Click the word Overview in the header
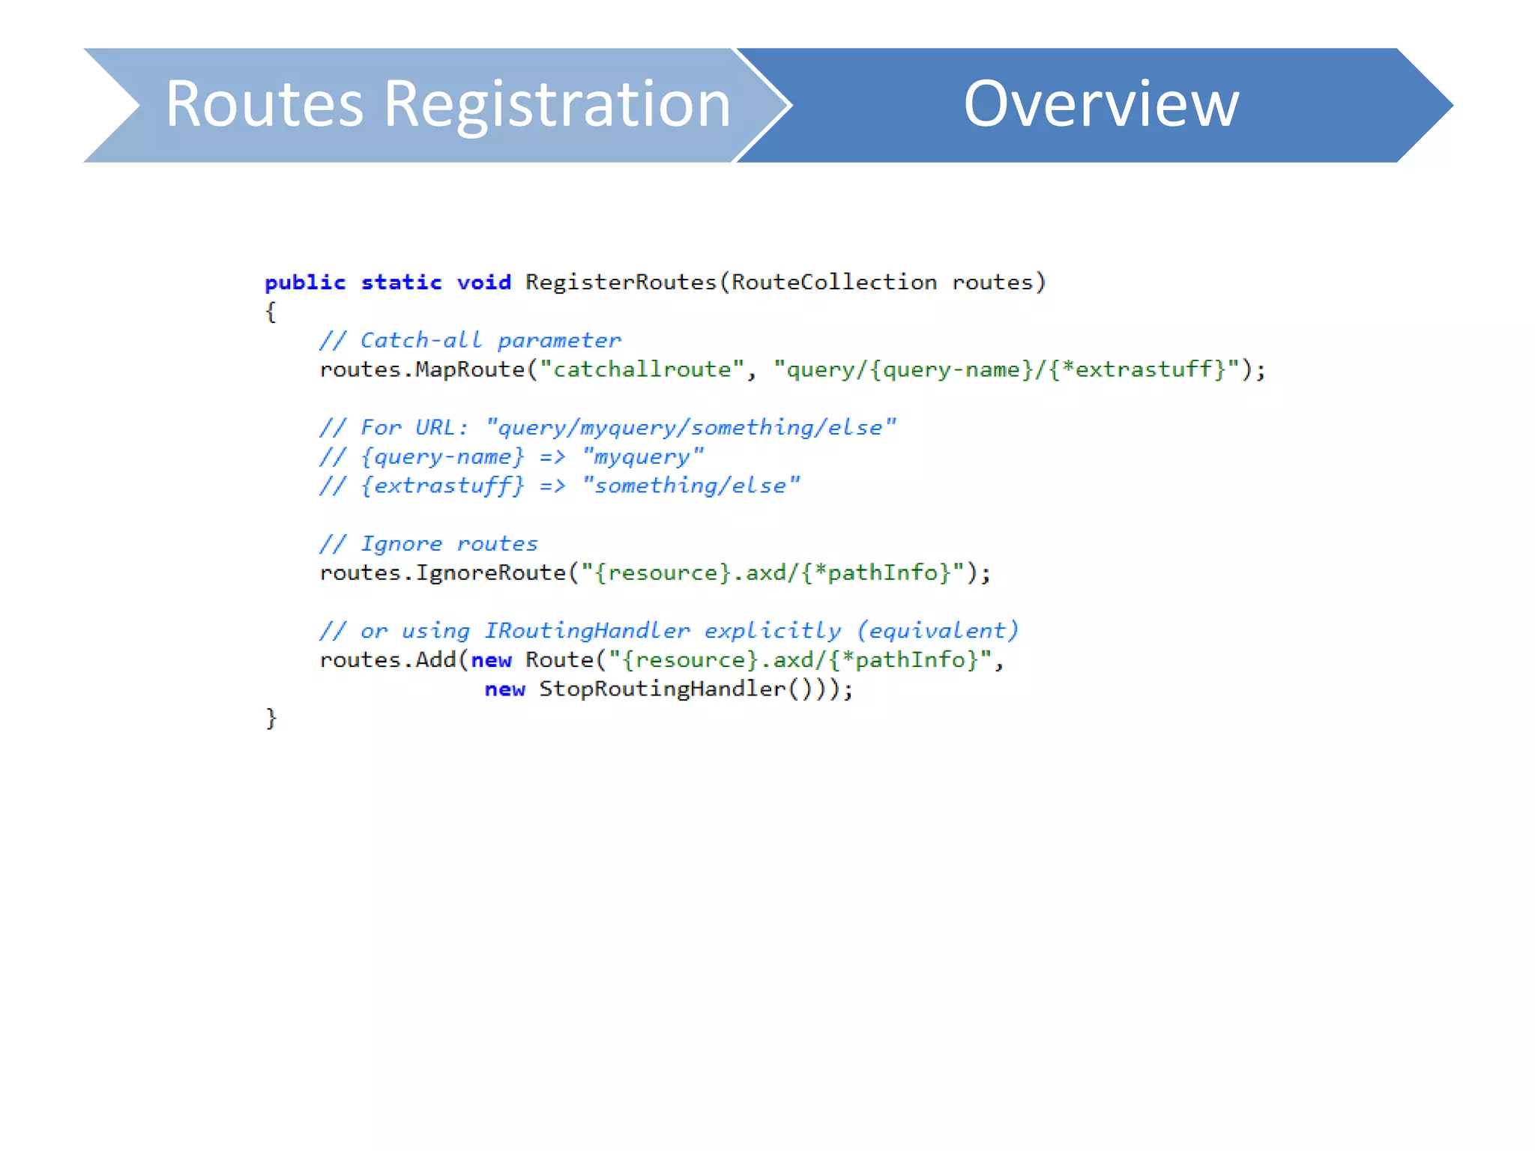[1100, 104]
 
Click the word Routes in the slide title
[264, 104]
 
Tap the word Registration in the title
[557, 106]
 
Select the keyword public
[305, 283]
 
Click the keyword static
[401, 283]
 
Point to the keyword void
[483, 283]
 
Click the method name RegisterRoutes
[621, 283]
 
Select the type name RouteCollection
[833, 283]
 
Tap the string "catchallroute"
[642, 369]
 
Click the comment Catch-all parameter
[490, 341]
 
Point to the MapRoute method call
[470, 369]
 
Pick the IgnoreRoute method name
[490, 573]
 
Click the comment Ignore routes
[449, 544]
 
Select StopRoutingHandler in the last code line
[662, 689]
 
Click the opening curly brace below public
[271, 312]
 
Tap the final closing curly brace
[271, 719]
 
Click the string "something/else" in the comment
[690, 486]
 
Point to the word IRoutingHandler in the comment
[586, 631]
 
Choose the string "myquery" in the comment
[642, 456]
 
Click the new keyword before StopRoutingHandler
[504, 689]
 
